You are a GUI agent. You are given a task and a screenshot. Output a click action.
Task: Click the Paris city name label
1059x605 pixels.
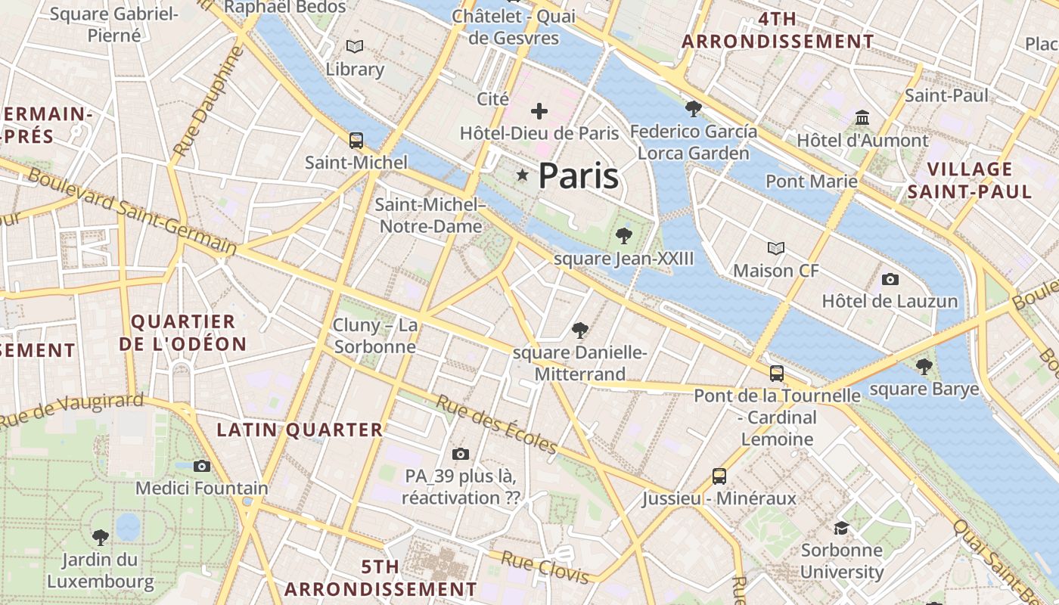579,176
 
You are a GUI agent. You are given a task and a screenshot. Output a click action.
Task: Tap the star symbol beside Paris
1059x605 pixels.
522,175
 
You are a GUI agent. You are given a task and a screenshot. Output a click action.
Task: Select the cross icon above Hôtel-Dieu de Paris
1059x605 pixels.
539,112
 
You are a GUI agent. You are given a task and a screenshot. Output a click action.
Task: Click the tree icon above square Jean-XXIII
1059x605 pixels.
623,235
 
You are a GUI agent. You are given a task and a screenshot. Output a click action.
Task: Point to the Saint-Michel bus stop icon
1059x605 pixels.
356,140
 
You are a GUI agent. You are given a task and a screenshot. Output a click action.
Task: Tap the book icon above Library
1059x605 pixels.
354,46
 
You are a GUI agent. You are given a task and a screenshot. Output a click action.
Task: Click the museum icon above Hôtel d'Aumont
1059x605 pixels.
862,117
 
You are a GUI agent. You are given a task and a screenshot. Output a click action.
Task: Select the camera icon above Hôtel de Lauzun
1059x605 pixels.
890,279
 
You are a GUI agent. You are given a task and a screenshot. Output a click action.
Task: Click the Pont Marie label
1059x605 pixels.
812,181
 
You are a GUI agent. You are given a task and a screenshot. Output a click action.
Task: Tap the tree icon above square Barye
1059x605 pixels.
924,367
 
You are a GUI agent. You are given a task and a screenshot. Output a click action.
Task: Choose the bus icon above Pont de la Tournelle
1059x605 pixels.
777,373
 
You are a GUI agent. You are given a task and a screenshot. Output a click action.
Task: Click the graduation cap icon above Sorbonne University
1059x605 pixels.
841,527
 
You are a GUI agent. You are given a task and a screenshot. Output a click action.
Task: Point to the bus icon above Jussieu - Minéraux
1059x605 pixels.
719,476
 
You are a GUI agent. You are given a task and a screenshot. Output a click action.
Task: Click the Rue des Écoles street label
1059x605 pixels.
496,424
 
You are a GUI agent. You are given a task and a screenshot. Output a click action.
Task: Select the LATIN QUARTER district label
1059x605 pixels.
300,430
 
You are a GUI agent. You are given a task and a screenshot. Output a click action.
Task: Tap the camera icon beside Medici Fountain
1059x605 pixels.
201,466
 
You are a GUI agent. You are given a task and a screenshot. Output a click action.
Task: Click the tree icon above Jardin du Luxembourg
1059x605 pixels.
100,537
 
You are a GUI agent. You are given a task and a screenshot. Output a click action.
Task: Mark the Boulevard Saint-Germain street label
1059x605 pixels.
132,211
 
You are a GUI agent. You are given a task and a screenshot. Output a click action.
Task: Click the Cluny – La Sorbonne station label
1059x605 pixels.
375,336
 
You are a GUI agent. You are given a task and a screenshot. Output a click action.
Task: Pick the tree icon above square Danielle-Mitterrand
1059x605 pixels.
580,330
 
